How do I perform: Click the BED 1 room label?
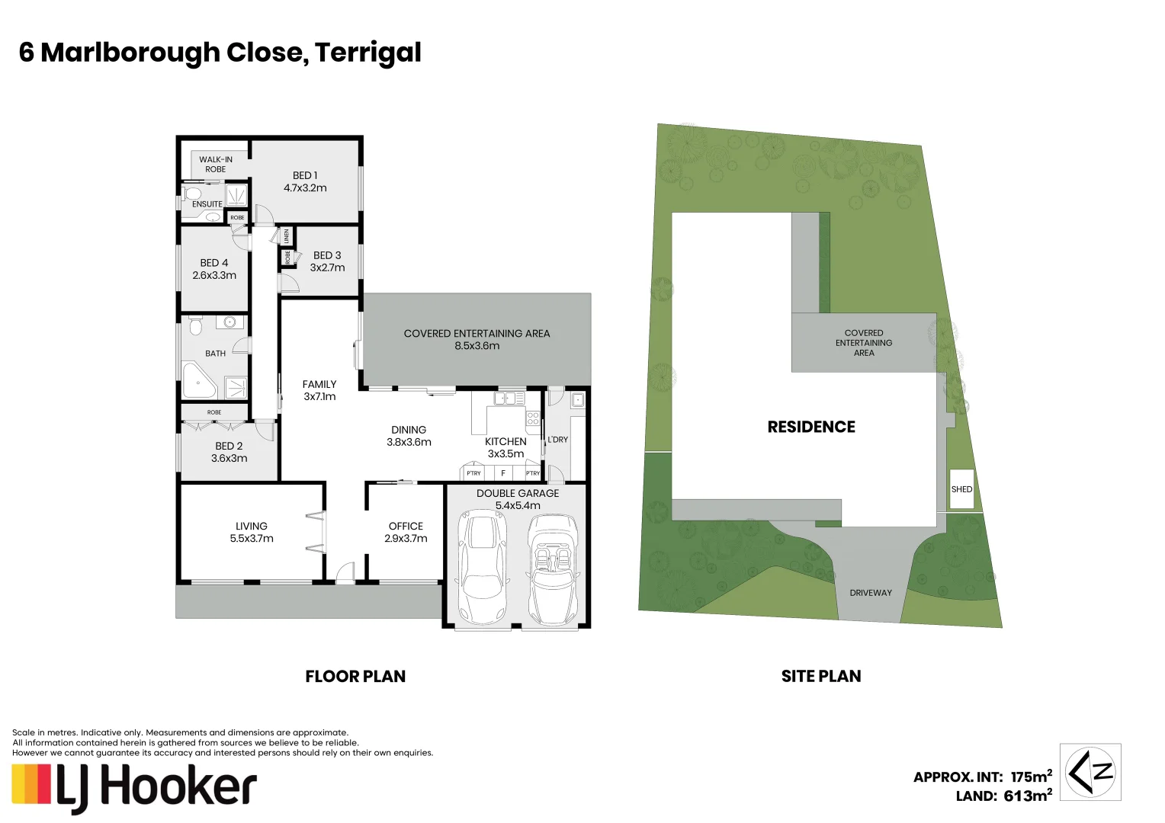[305, 175]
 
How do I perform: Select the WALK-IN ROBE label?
[216, 164]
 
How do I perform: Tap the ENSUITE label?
[207, 204]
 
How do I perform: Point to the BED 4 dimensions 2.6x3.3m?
[214, 275]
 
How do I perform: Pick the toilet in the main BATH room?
[194, 327]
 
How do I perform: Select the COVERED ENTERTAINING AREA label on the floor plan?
[477, 334]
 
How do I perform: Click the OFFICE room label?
[406, 526]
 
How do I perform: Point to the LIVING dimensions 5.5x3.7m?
[252, 538]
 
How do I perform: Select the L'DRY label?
[558, 440]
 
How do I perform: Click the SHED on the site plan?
[961, 489]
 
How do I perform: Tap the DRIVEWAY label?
[871, 593]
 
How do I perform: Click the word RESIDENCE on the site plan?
[811, 427]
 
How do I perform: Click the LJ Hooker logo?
[134, 788]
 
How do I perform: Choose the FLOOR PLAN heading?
[355, 676]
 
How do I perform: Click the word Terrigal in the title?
[367, 53]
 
